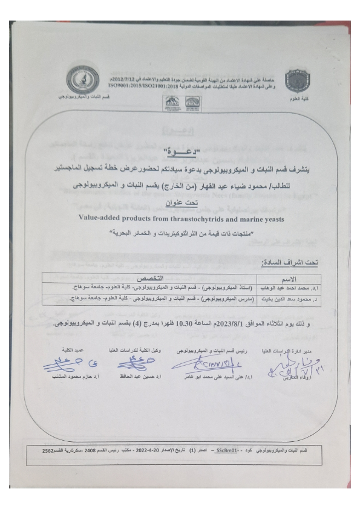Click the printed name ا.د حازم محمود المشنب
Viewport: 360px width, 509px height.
[x=68, y=377]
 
